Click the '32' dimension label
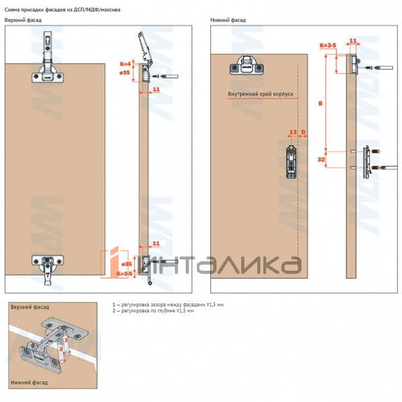pyautogui.click(x=321, y=160)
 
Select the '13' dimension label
pyautogui.click(x=293, y=133)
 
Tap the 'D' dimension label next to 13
pyautogui.click(x=304, y=133)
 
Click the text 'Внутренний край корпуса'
pyautogui.click(x=261, y=94)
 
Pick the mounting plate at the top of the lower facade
pyautogui.click(x=245, y=67)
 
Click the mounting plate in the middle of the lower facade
pyautogui.click(x=291, y=161)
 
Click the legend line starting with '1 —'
pyautogui.click(x=168, y=305)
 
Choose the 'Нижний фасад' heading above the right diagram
pyautogui.click(x=228, y=20)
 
